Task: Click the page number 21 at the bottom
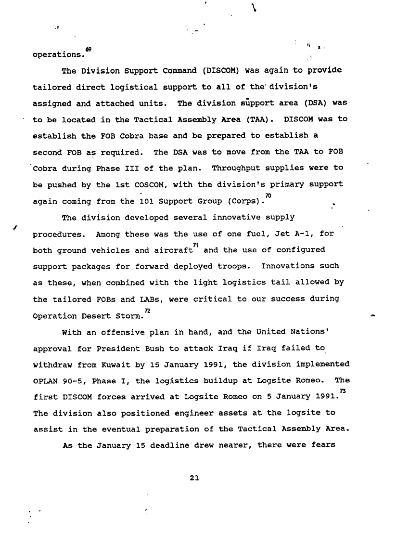click(x=194, y=478)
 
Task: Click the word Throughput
click(x=236, y=168)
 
